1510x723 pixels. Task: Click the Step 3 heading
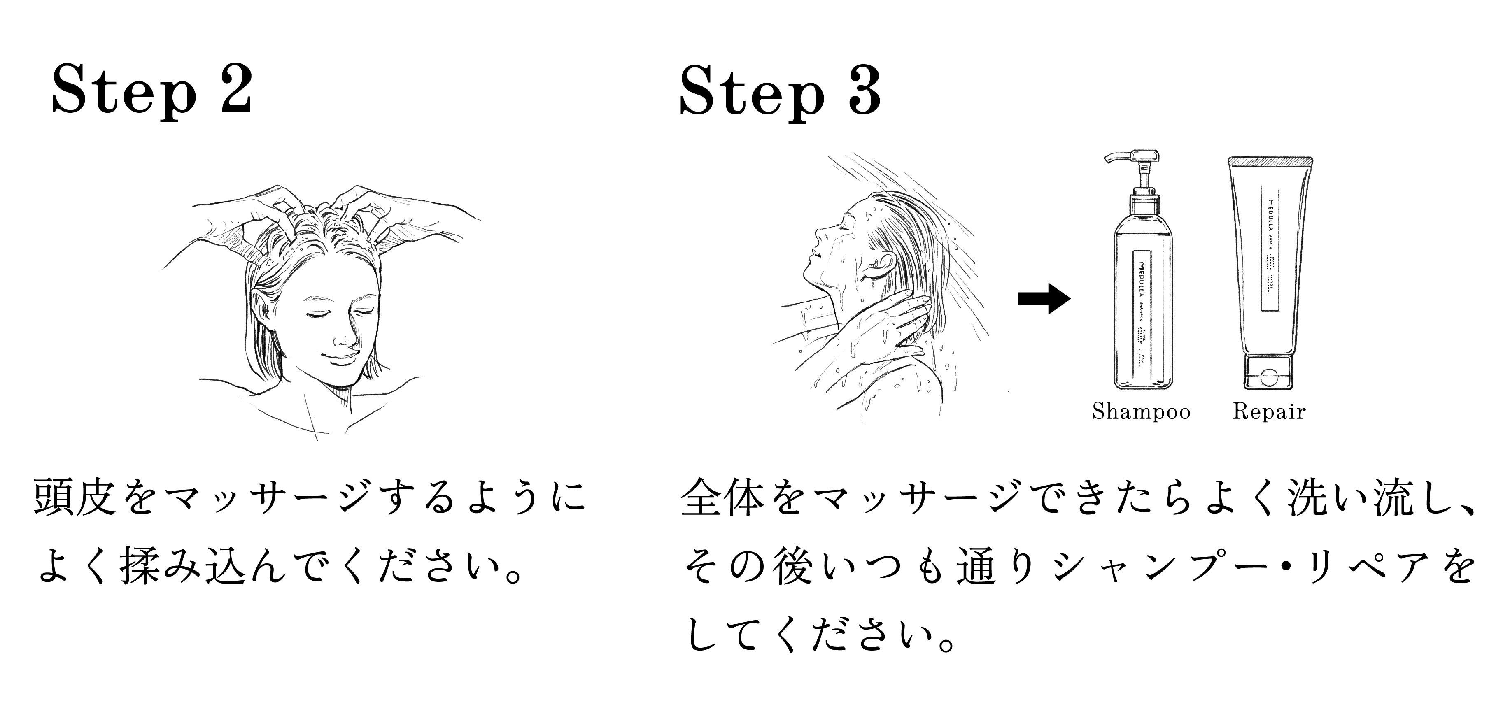(x=780, y=92)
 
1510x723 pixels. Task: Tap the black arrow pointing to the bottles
(x=1044, y=299)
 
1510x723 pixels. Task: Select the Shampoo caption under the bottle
(x=1141, y=411)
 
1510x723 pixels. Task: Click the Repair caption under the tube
(x=1269, y=411)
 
